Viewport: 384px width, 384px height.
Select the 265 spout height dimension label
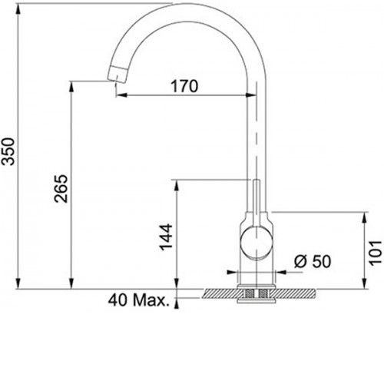coord(61,189)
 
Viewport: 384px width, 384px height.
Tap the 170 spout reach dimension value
coord(184,86)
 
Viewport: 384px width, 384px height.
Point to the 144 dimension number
coord(166,237)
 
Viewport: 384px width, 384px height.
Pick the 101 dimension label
coord(376,253)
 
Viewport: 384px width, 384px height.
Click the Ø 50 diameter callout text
coord(313,261)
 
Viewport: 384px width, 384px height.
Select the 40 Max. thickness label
coord(139,300)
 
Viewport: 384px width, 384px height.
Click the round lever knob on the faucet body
coord(257,242)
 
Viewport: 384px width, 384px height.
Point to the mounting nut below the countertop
coord(257,300)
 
